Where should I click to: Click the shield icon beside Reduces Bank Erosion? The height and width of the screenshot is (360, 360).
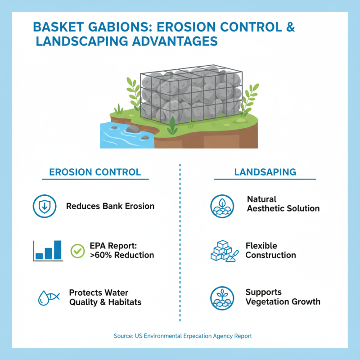point(44,206)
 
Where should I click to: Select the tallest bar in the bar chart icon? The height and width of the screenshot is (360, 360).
point(58,250)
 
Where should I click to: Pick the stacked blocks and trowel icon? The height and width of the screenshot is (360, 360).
point(224,251)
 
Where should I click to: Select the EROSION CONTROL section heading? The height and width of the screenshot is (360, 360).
point(95,172)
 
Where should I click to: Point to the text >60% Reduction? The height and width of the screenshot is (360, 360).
point(121,255)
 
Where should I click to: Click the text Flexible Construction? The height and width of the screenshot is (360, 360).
point(270,250)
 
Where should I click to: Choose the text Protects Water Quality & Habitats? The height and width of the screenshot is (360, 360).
point(105,297)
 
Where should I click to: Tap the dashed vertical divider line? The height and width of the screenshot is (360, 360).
point(180,243)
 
